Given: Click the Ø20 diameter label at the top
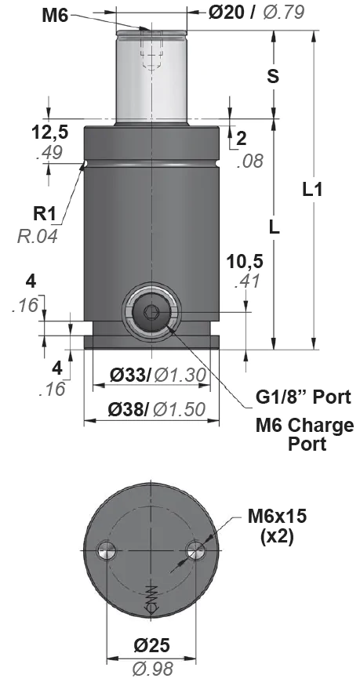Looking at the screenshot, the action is [227, 13].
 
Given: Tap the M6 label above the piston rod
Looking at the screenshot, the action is [55, 16].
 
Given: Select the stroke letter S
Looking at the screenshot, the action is [273, 76].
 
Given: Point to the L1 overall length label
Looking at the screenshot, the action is [312, 190].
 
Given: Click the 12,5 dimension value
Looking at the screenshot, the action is [50, 133].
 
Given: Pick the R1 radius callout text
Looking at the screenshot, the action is [45, 213].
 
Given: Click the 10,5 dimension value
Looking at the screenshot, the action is [245, 262].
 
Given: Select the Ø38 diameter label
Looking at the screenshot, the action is [129, 409].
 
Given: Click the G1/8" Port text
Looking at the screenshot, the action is [303, 397].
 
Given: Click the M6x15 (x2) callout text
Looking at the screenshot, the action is [278, 526].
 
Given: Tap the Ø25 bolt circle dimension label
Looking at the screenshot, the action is [151, 645].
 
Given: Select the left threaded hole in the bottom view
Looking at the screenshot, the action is [107, 550].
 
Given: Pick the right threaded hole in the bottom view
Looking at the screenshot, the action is [196, 550].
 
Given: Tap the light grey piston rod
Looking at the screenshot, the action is [151, 77].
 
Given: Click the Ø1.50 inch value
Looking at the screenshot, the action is [179, 409].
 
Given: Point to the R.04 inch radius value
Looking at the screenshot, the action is [38, 236].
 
